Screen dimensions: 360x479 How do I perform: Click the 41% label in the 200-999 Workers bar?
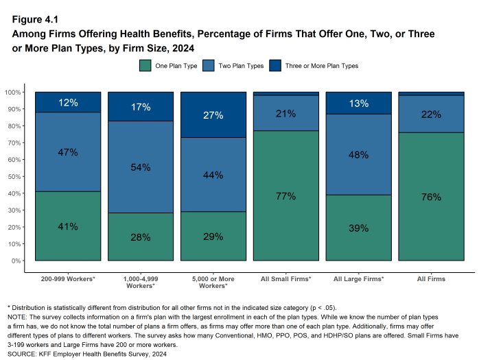[x=68, y=226]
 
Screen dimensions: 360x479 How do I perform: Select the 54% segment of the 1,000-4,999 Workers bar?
[x=141, y=167]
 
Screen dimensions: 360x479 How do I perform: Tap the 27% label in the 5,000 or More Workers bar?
[x=213, y=115]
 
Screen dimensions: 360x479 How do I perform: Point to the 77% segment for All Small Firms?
[x=286, y=196]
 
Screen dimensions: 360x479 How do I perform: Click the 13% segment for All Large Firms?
[x=359, y=104]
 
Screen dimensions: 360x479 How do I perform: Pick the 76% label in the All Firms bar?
[x=431, y=197]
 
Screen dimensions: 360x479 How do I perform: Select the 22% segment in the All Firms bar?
[x=431, y=114]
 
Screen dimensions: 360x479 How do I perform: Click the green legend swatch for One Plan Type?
[x=145, y=66]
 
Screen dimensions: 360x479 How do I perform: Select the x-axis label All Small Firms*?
[x=286, y=279]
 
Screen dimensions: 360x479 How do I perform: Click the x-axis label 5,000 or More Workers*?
[x=213, y=283]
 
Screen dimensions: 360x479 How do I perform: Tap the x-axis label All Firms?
[x=431, y=279]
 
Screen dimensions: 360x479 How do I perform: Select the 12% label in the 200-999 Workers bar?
[x=68, y=103]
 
